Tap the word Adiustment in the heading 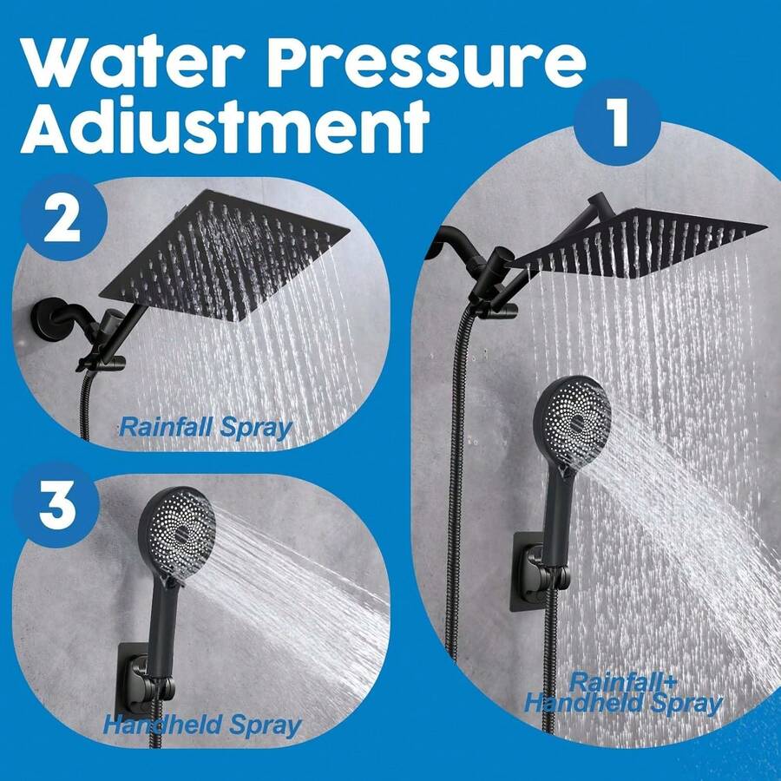click(x=224, y=127)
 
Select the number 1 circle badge click(x=618, y=122)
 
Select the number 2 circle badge click(x=62, y=220)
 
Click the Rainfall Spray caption click(x=205, y=427)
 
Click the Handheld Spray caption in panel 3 click(x=201, y=725)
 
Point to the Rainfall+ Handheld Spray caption click(x=623, y=692)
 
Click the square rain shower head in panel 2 click(x=224, y=254)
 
